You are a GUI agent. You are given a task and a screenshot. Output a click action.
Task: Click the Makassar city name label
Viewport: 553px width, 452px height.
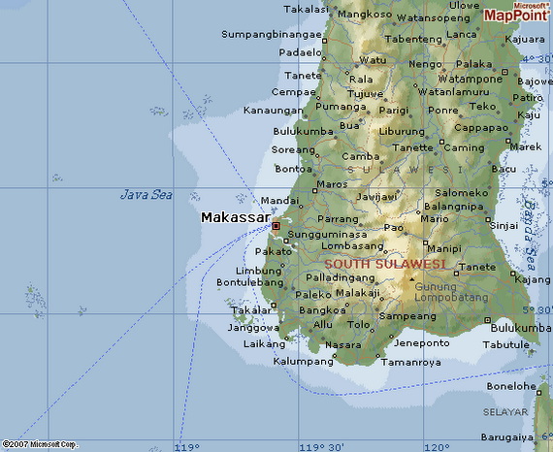(235, 217)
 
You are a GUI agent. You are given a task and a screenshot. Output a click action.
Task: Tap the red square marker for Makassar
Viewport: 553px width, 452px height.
(276, 226)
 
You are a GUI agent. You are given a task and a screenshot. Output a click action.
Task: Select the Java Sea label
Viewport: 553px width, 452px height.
(146, 195)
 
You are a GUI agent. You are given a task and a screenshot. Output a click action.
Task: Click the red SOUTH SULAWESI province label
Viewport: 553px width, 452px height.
(384, 264)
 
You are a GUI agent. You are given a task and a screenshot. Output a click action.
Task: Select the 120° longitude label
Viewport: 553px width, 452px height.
(436, 446)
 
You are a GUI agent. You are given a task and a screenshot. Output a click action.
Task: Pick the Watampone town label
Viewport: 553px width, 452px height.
(470, 78)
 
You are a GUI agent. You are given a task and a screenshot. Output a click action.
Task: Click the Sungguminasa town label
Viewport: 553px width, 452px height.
(328, 234)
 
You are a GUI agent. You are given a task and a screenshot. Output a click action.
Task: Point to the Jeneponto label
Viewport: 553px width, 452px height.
(421, 342)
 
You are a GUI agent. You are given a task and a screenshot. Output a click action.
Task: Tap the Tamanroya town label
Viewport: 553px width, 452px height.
(411, 362)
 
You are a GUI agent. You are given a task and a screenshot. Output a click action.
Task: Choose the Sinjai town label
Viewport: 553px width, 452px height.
(505, 225)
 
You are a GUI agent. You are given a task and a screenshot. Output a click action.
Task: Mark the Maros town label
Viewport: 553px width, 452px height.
(332, 183)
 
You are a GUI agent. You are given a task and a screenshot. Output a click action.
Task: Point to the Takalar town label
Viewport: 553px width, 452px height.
(250, 310)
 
